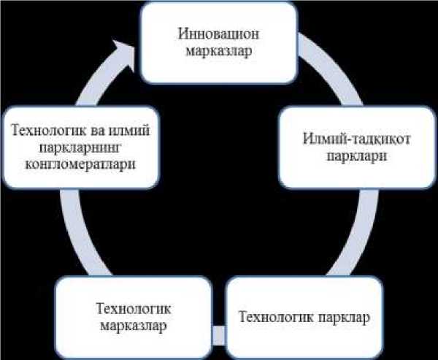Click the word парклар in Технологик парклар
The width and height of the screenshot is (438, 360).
[342, 318]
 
